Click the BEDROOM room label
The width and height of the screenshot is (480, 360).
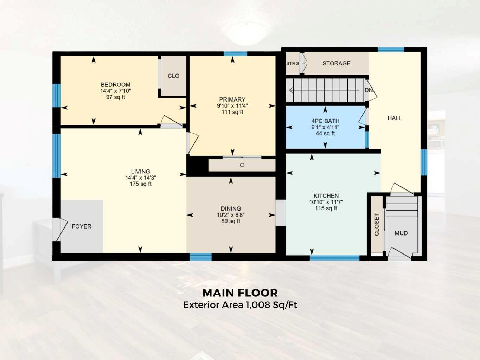click(115, 85)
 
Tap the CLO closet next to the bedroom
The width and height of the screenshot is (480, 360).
click(173, 76)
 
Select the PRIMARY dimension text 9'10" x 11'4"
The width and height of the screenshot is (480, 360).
click(232, 106)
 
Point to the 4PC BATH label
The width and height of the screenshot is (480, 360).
click(325, 121)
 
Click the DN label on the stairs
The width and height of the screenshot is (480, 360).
click(369, 90)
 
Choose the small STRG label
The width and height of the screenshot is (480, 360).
click(293, 64)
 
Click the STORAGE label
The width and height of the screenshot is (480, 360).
click(336, 64)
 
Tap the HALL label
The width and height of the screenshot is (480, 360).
click(395, 118)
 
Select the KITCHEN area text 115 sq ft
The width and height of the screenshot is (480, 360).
click(326, 208)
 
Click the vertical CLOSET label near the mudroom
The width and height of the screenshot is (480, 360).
click(377, 224)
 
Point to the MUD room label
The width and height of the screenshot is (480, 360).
click(401, 233)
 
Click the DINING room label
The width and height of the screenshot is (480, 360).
click(231, 209)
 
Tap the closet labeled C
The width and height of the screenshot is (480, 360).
click(242, 165)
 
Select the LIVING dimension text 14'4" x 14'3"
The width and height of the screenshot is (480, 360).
click(140, 178)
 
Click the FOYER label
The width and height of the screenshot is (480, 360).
click(82, 226)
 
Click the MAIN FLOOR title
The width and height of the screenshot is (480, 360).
click(240, 293)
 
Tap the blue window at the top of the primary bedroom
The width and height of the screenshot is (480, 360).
click(235, 54)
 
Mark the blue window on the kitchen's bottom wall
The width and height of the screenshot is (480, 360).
click(334, 258)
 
